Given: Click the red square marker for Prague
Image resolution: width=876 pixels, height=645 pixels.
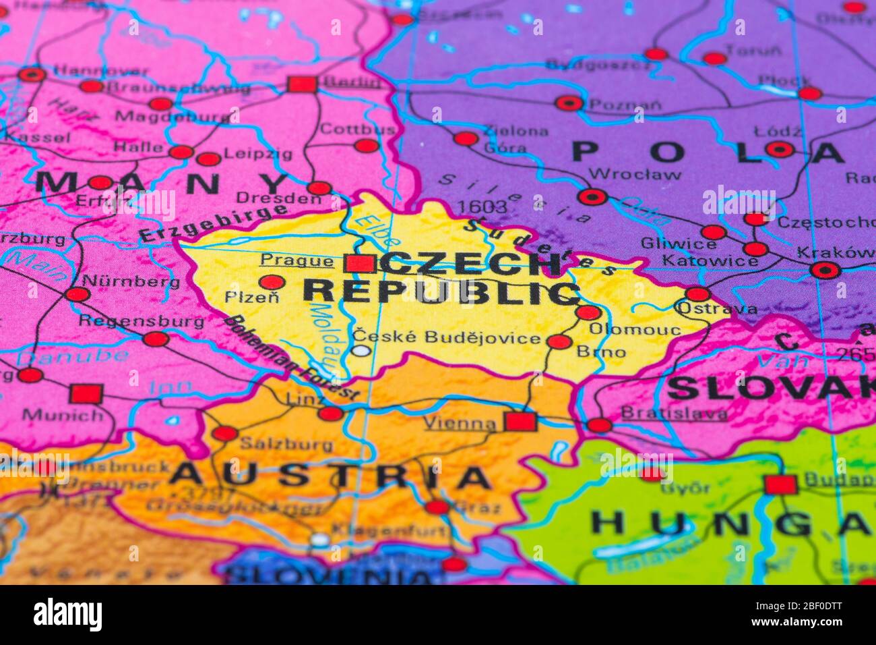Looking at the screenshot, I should tap(360, 263).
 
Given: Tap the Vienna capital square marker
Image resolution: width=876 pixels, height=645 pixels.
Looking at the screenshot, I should tap(521, 422).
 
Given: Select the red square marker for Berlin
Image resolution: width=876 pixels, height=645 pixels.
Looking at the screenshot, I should tap(302, 84).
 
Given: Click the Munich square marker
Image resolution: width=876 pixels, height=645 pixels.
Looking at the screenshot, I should tap(86, 393).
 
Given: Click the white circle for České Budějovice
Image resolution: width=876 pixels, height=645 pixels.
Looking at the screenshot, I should tap(363, 350).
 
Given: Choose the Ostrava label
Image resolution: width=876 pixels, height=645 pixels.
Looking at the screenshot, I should tap(716, 310).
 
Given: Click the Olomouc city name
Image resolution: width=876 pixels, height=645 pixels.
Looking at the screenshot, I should tap(635, 330).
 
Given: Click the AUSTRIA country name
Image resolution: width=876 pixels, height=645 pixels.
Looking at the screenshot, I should tap(330, 476).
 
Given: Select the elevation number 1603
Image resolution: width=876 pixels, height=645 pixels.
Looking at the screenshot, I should tap(481, 206).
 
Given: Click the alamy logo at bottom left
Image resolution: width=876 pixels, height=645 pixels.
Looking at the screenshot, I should tap(67, 614).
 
